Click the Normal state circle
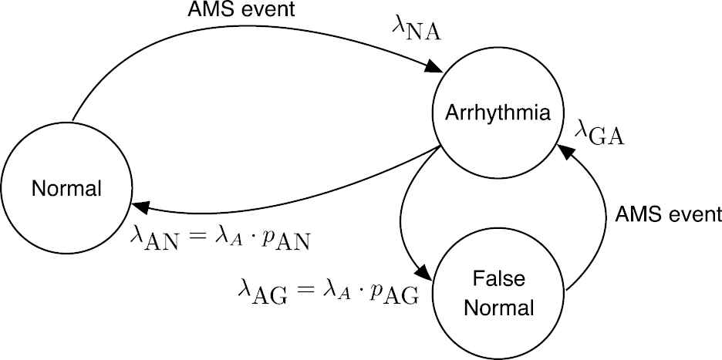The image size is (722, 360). (66, 189)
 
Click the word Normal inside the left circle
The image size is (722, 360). (66, 189)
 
